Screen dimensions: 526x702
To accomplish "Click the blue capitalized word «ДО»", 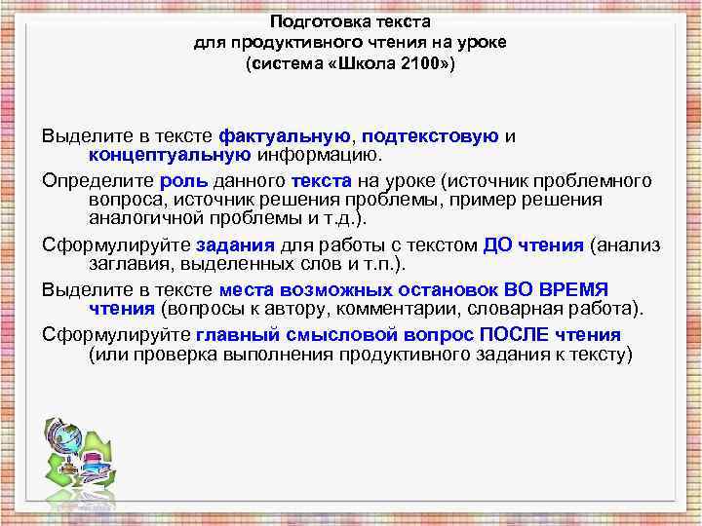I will (x=498, y=244).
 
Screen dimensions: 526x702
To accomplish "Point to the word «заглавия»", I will (x=124, y=263).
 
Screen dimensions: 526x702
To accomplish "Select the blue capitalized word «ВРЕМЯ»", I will (x=573, y=290).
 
